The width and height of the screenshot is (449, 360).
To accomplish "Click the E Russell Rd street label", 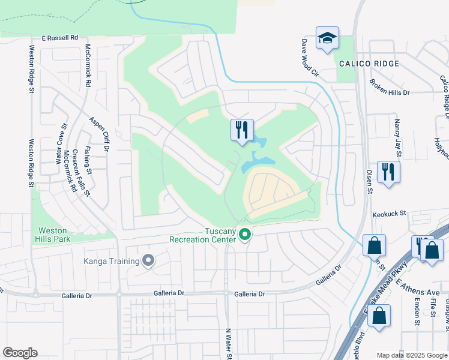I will click(60, 37).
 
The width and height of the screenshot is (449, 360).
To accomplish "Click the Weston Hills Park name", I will click(55, 235).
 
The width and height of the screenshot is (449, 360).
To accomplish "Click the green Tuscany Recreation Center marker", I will click(244, 234).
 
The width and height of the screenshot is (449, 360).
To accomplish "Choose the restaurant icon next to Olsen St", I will click(388, 172).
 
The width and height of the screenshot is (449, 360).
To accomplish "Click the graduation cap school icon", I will click(327, 38).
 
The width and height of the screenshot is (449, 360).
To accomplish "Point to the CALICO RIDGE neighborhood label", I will click(369, 64).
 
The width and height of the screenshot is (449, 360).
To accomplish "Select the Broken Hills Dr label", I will click(389, 88).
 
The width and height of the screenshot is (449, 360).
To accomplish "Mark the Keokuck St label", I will click(390, 213).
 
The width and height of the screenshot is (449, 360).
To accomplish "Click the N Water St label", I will click(228, 343).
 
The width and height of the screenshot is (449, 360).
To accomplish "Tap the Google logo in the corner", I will click(20, 353).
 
